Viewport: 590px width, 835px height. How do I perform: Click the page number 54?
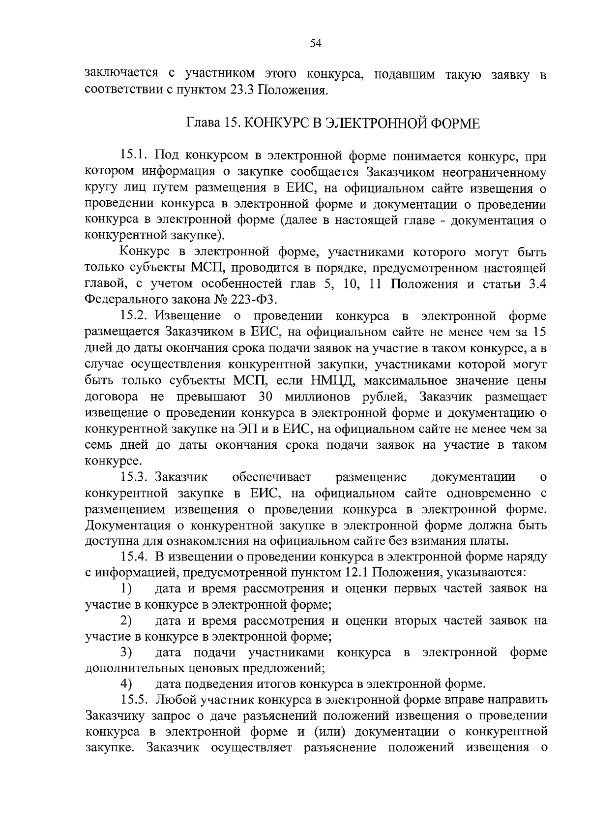pyautogui.click(x=316, y=44)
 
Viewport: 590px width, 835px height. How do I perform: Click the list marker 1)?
pyautogui.click(x=127, y=588)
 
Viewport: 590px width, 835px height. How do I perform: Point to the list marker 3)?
pyautogui.click(x=127, y=652)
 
